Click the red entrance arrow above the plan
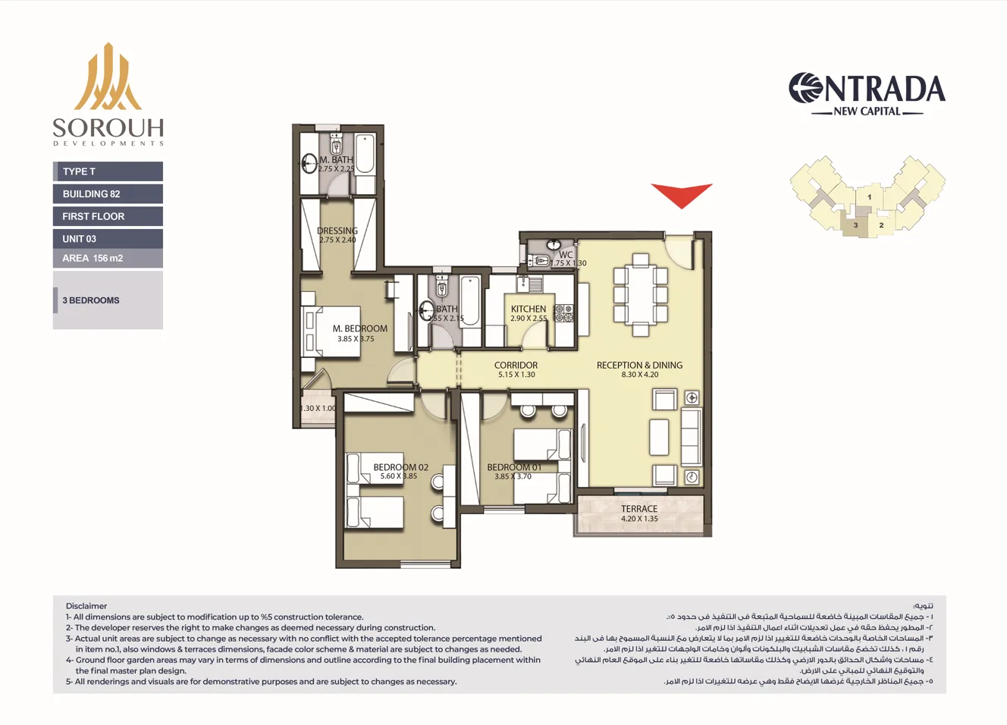682,195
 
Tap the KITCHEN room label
529,309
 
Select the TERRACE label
639,509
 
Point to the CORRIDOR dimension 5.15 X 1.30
516,375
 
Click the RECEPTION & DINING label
639,365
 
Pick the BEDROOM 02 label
400,467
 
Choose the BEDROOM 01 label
514,467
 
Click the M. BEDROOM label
359,328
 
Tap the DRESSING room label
337,231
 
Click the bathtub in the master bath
365,154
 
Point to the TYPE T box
108,171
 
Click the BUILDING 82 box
108,194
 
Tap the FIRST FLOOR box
108,216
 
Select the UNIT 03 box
108,239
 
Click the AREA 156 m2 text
93,259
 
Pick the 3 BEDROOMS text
91,300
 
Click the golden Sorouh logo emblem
108,77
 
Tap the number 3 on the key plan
855,225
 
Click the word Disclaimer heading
86,606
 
